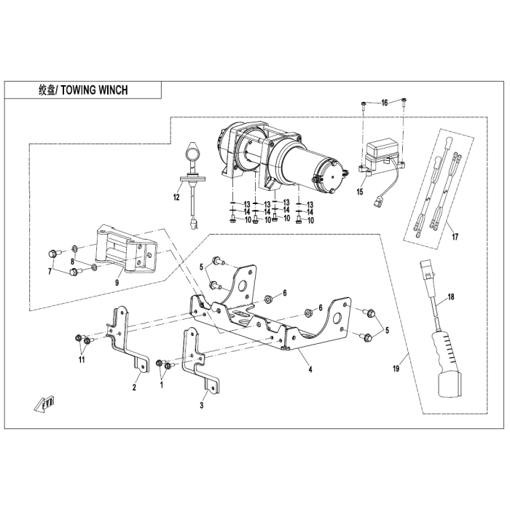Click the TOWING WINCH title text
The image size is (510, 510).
pos(94,90)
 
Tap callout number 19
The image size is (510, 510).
pos(396,369)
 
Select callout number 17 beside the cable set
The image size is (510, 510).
pos(455,237)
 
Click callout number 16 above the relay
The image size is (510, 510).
pos(385,103)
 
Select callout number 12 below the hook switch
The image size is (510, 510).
pos(176,197)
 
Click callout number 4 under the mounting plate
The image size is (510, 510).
pos(310,369)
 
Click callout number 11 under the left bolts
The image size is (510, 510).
pos(82,359)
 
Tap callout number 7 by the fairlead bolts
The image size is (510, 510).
pos(50,271)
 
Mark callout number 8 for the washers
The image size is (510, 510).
pos(73,262)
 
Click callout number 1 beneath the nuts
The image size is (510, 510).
pos(161,385)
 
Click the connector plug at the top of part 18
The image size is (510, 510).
pos(428,270)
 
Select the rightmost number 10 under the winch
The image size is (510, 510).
pos(310,221)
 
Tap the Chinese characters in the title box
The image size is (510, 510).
pos(47,90)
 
